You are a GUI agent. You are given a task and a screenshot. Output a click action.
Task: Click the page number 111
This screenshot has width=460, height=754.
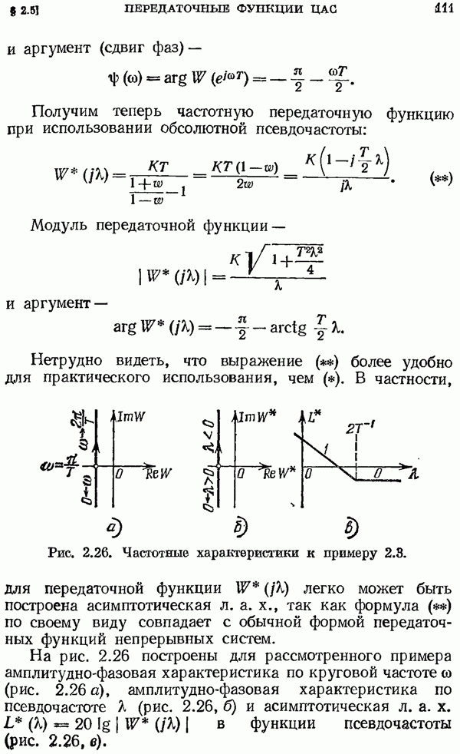pos(444,8)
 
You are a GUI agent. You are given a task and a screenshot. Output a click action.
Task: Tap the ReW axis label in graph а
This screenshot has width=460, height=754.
pos(159,474)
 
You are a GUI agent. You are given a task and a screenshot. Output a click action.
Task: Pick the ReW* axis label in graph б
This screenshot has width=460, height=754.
pos(279,474)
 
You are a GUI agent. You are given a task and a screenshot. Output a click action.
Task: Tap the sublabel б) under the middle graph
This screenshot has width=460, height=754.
pos(240,527)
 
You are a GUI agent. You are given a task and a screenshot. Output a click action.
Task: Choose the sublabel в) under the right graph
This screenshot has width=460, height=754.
pos(351,528)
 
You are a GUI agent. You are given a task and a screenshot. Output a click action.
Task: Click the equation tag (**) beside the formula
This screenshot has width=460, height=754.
pos(439,179)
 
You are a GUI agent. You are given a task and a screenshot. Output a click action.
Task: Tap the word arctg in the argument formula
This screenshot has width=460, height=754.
pos(287,329)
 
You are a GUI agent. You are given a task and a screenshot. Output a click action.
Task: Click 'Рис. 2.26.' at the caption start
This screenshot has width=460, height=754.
pos(80,553)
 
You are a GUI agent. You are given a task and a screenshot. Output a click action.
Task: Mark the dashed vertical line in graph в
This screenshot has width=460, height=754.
pos(356,457)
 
